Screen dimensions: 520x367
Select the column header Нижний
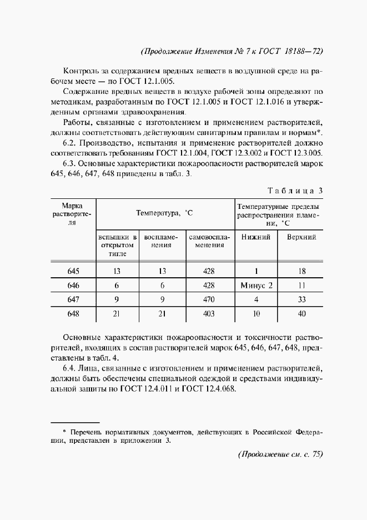[x=256, y=237]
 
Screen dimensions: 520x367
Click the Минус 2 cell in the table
[x=257, y=286]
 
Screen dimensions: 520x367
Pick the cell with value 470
[x=209, y=299]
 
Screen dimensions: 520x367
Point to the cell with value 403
[x=209, y=314]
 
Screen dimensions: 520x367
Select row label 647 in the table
[x=73, y=299]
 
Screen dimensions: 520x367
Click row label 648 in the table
[x=73, y=314]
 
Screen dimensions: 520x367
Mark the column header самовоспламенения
[x=209, y=241]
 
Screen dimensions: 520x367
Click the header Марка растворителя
[x=72, y=214]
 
